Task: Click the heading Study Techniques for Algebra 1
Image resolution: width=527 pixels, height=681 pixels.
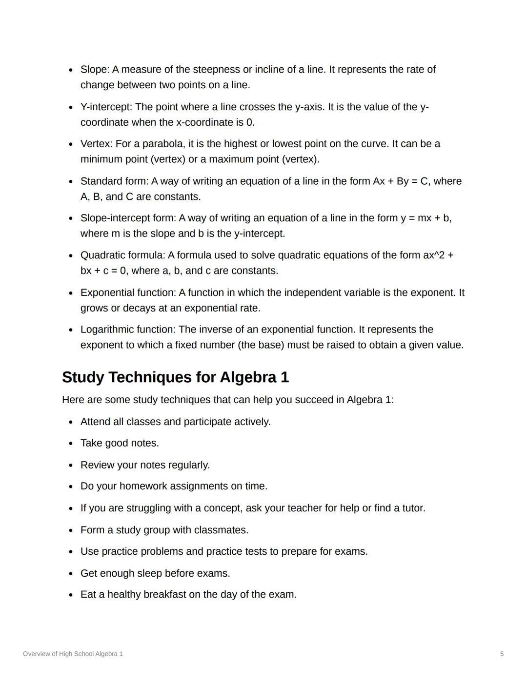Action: tap(175, 377)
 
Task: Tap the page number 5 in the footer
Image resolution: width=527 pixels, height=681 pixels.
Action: tap(502, 654)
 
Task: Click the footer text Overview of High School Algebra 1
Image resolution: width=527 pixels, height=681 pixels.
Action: tap(73, 654)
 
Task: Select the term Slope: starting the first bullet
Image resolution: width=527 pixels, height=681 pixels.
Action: tap(95, 69)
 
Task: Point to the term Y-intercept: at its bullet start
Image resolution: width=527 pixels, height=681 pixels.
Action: tap(106, 107)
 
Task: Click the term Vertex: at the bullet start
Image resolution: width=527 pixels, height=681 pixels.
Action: tap(96, 144)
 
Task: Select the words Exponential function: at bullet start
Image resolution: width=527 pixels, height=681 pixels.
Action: tap(128, 292)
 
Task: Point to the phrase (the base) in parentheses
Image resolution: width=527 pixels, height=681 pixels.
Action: tap(261, 345)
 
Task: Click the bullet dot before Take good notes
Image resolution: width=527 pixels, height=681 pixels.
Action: tap(71, 444)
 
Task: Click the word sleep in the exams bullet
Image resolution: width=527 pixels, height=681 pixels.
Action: tap(149, 573)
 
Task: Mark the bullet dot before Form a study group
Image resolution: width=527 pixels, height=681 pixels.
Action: tap(71, 530)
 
